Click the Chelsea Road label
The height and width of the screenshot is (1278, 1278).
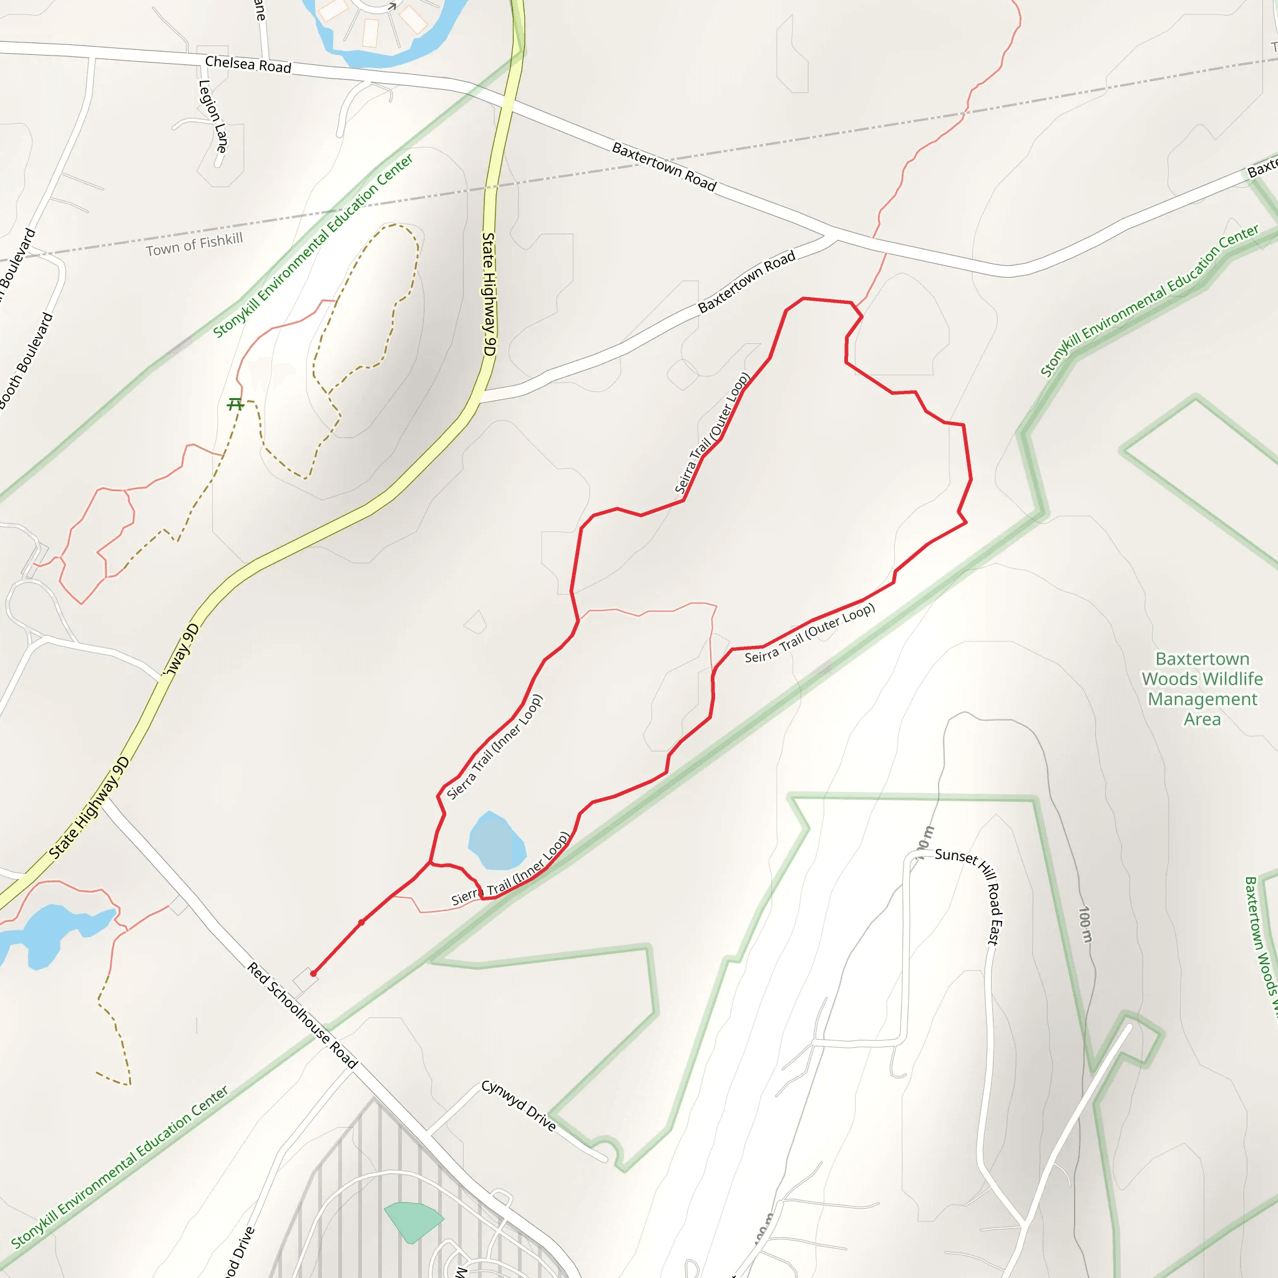click(248, 65)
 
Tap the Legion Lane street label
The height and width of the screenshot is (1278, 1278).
click(213, 117)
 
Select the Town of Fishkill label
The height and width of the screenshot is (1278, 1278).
click(195, 245)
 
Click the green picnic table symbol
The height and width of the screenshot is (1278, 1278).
click(235, 404)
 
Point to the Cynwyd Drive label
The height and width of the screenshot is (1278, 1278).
click(519, 1105)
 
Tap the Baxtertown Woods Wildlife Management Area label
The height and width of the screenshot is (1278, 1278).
click(1202, 689)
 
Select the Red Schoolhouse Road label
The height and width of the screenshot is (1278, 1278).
click(302, 1017)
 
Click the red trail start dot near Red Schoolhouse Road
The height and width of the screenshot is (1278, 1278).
click(313, 973)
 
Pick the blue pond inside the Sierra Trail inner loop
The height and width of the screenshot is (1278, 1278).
click(496, 842)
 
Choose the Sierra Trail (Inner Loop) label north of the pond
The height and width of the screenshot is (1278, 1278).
click(494, 747)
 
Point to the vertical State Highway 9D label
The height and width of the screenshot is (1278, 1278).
click(489, 295)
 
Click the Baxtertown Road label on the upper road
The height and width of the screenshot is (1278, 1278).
click(664, 167)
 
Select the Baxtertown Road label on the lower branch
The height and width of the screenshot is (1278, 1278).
click(747, 282)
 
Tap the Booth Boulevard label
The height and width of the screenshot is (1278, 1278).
click(26, 361)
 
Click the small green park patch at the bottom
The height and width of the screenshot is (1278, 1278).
click(411, 1221)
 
